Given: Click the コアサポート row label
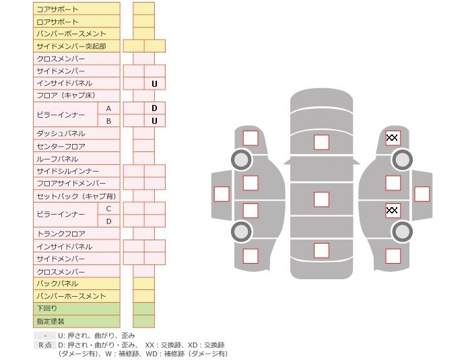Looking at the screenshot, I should (57, 9).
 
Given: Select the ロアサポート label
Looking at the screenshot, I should (57, 22).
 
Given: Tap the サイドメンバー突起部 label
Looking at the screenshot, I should (71, 46).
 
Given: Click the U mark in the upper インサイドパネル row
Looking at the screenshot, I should (154, 84).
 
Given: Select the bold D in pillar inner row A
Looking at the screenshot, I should (154, 108).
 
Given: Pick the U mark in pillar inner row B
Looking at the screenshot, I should (154, 121).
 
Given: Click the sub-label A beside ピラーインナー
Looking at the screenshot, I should (108, 108).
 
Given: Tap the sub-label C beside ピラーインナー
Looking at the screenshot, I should (108, 209).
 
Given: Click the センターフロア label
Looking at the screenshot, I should (61, 146).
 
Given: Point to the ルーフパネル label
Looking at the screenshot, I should (58, 159).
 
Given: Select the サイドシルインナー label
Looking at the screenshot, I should (68, 172).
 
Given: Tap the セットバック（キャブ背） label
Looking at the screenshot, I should (76, 196).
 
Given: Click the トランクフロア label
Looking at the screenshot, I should (61, 233).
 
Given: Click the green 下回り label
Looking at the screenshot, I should (47, 308).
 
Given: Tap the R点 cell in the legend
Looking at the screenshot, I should (45, 345).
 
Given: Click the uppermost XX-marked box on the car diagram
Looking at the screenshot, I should (393, 138).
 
